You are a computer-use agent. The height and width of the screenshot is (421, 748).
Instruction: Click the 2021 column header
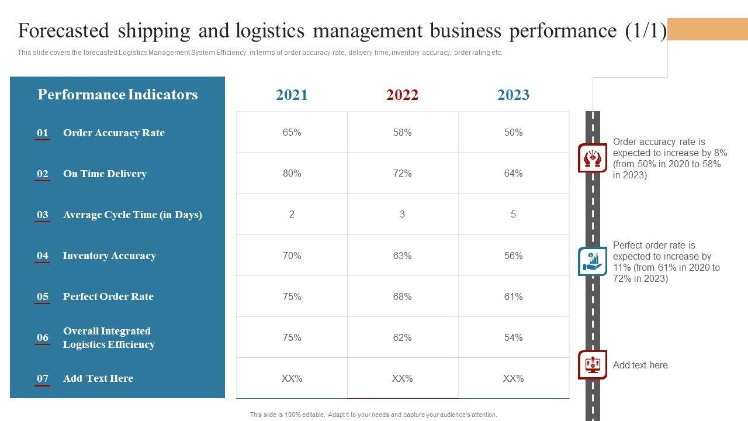[292, 95]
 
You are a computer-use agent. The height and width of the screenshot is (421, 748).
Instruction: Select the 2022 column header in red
[402, 95]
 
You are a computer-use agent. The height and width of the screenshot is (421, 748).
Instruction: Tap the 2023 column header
[513, 95]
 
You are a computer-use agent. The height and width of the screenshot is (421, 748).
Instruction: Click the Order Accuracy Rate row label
[114, 133]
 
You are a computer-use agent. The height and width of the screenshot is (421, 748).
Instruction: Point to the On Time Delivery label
[105, 174]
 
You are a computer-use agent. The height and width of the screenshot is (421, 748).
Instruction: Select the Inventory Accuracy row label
[109, 256]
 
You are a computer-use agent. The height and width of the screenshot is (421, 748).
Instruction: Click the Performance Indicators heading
[117, 95]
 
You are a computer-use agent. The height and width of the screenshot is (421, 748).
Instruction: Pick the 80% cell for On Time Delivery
[292, 174]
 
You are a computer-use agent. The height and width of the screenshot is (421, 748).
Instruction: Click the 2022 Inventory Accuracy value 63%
[402, 256]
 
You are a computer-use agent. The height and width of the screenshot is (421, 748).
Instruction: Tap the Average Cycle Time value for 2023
[513, 215]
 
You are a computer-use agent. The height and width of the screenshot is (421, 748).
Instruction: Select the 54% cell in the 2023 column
[513, 337]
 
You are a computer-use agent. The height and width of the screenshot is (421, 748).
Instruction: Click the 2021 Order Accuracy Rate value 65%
[292, 133]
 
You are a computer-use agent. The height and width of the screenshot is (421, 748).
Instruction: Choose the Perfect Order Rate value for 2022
[402, 296]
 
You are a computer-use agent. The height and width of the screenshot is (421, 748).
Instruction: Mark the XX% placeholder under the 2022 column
[402, 378]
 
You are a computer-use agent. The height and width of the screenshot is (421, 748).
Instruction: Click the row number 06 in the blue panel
[43, 337]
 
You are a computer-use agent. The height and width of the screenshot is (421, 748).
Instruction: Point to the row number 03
[43, 215]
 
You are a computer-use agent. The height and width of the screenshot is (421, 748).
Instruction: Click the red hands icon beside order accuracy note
[593, 158]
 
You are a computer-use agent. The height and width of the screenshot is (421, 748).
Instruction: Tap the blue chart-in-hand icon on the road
[593, 261]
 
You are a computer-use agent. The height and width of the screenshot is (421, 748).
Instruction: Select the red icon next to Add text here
[593, 365]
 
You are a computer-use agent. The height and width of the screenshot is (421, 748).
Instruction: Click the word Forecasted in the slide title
[56, 30]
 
